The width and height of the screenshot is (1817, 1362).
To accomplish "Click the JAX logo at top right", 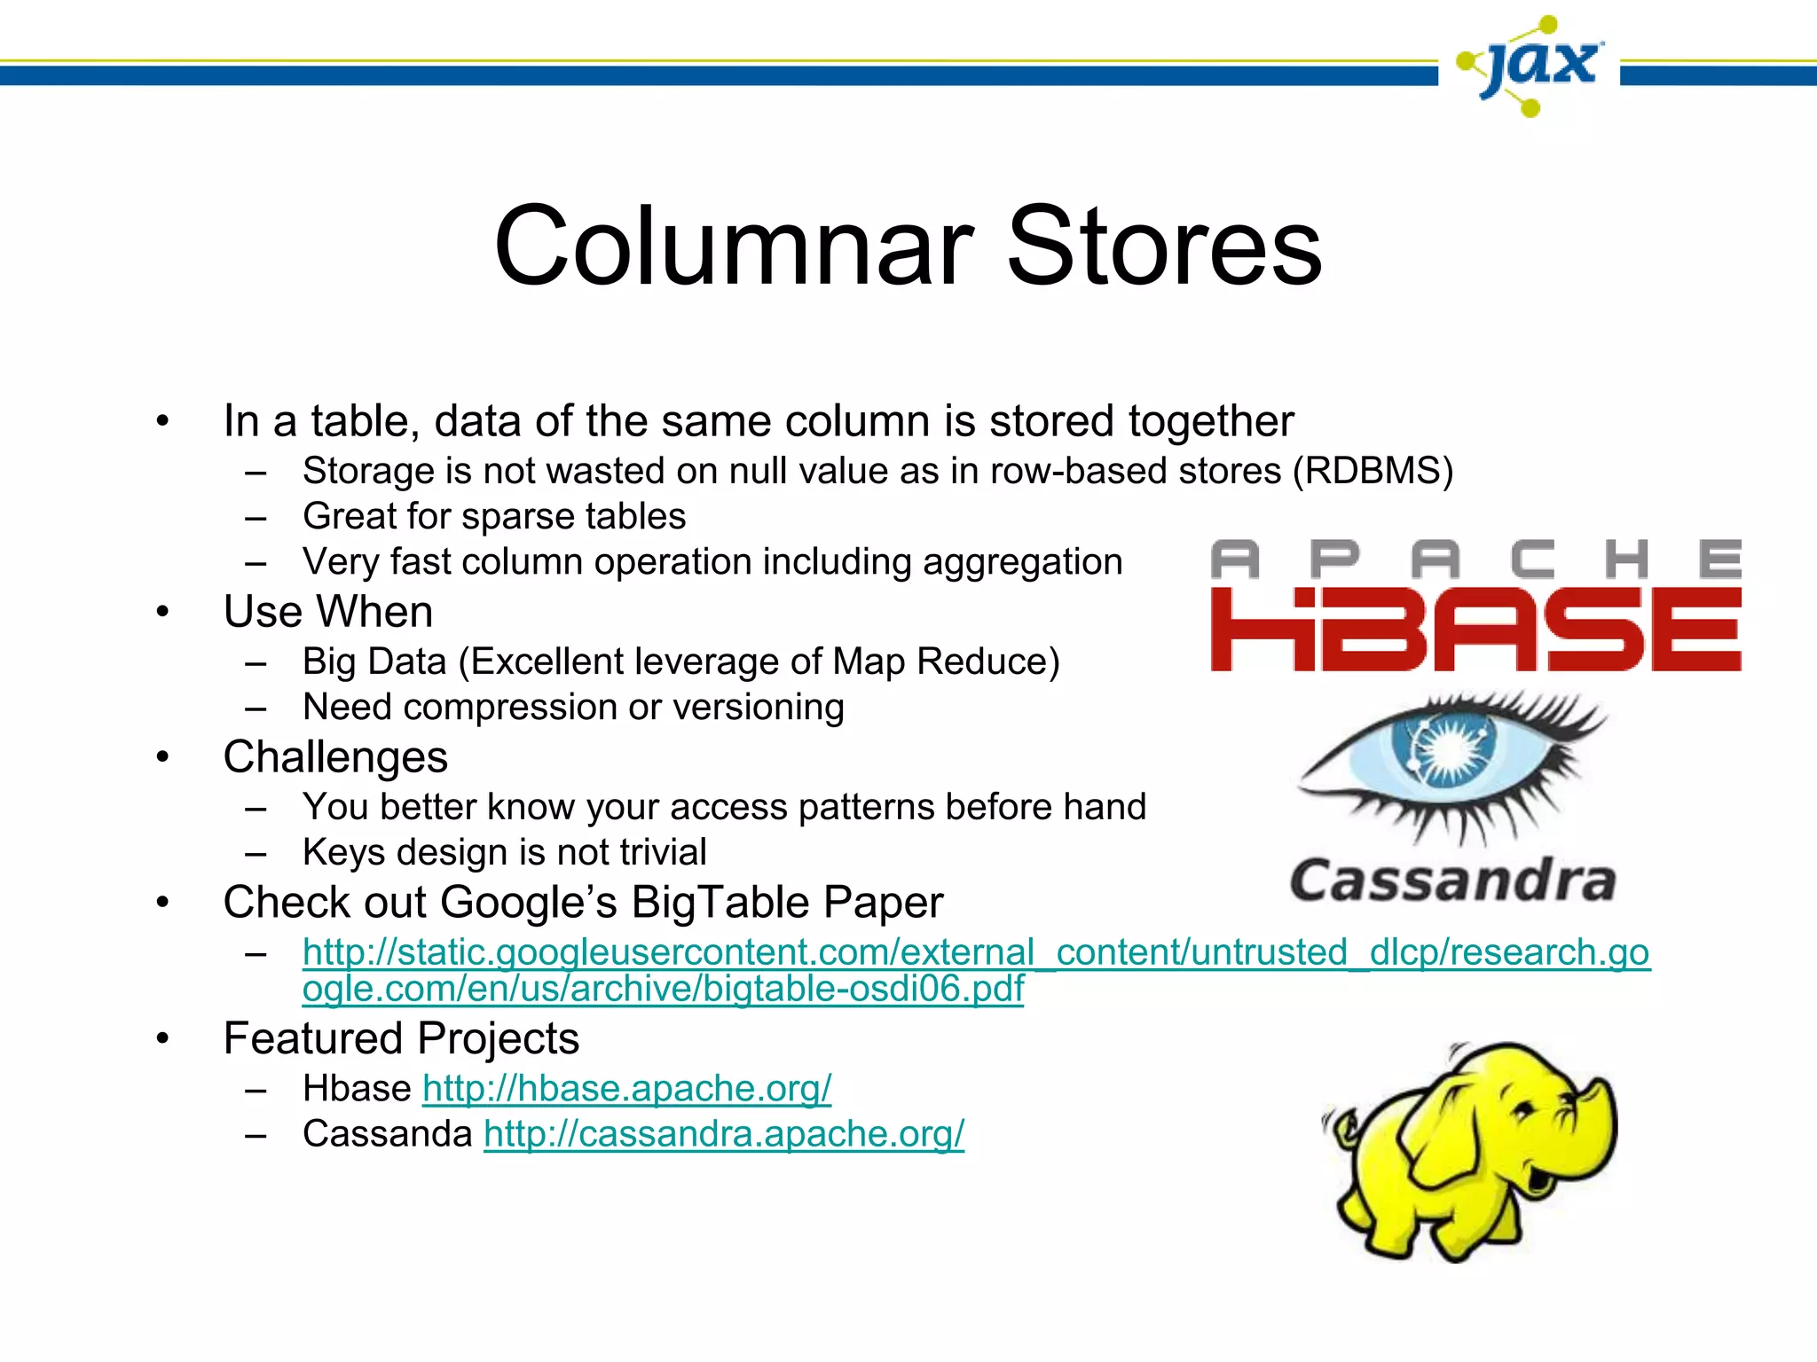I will (1530, 67).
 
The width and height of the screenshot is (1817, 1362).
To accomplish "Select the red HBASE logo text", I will (1475, 629).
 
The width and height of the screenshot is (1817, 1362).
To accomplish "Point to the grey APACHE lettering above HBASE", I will (1475, 559).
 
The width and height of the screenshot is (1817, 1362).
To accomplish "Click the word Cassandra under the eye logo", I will (1452, 881).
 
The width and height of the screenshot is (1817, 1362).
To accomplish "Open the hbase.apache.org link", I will (626, 1088).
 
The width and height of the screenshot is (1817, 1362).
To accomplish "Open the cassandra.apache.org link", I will (724, 1134).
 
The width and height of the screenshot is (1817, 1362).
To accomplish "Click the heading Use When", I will (328, 612).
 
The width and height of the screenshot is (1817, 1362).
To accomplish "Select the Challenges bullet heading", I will (335, 757).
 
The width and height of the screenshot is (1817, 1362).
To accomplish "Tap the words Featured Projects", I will (401, 1038).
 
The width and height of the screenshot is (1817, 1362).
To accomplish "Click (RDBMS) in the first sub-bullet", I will (1373, 471).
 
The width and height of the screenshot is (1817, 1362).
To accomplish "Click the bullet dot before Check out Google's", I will (162, 903).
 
